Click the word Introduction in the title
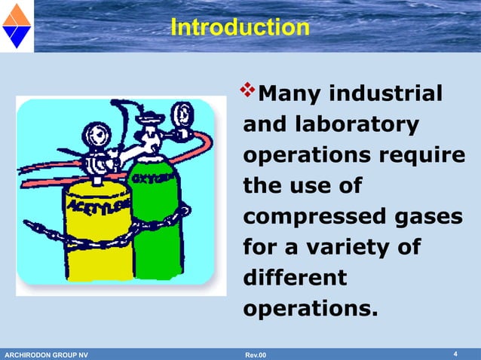(240, 28)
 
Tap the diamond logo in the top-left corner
(16, 25)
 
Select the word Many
(290, 94)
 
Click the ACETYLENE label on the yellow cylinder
(99, 203)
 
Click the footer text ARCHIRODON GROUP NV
(46, 355)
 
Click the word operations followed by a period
(308, 308)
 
